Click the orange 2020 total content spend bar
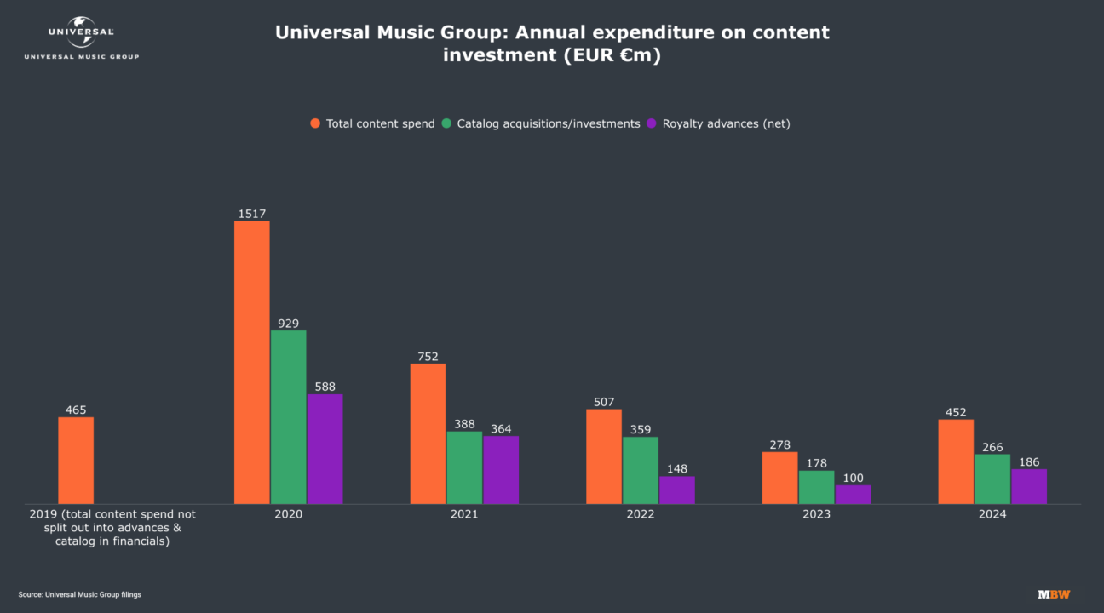coord(251,362)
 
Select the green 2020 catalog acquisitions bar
coord(288,417)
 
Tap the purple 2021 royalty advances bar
coord(501,470)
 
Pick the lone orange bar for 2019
coord(76,460)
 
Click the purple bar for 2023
coord(853,495)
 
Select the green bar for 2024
coord(992,478)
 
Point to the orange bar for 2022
coord(604,456)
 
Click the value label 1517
coord(251,214)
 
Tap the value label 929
coord(288,323)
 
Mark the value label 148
coord(677,469)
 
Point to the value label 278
coord(779,444)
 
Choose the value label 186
coord(1029,461)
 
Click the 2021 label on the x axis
coord(464,514)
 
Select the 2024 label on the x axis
coord(992,514)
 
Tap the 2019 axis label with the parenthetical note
coord(112,528)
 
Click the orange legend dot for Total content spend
coord(315,123)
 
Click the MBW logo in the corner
coord(1053,594)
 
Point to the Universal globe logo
coord(81,32)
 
